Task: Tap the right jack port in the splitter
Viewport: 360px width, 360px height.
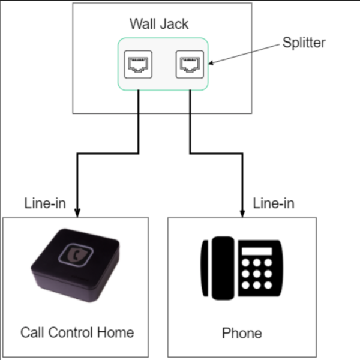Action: [x=190, y=65]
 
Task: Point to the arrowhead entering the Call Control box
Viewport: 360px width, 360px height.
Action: [x=77, y=212]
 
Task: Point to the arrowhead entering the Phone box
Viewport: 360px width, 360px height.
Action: [x=242, y=212]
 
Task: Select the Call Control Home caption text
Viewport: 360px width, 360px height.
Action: [x=77, y=332]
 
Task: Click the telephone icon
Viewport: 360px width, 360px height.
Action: [x=241, y=268]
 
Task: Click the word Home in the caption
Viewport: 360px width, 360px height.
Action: [x=118, y=332]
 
